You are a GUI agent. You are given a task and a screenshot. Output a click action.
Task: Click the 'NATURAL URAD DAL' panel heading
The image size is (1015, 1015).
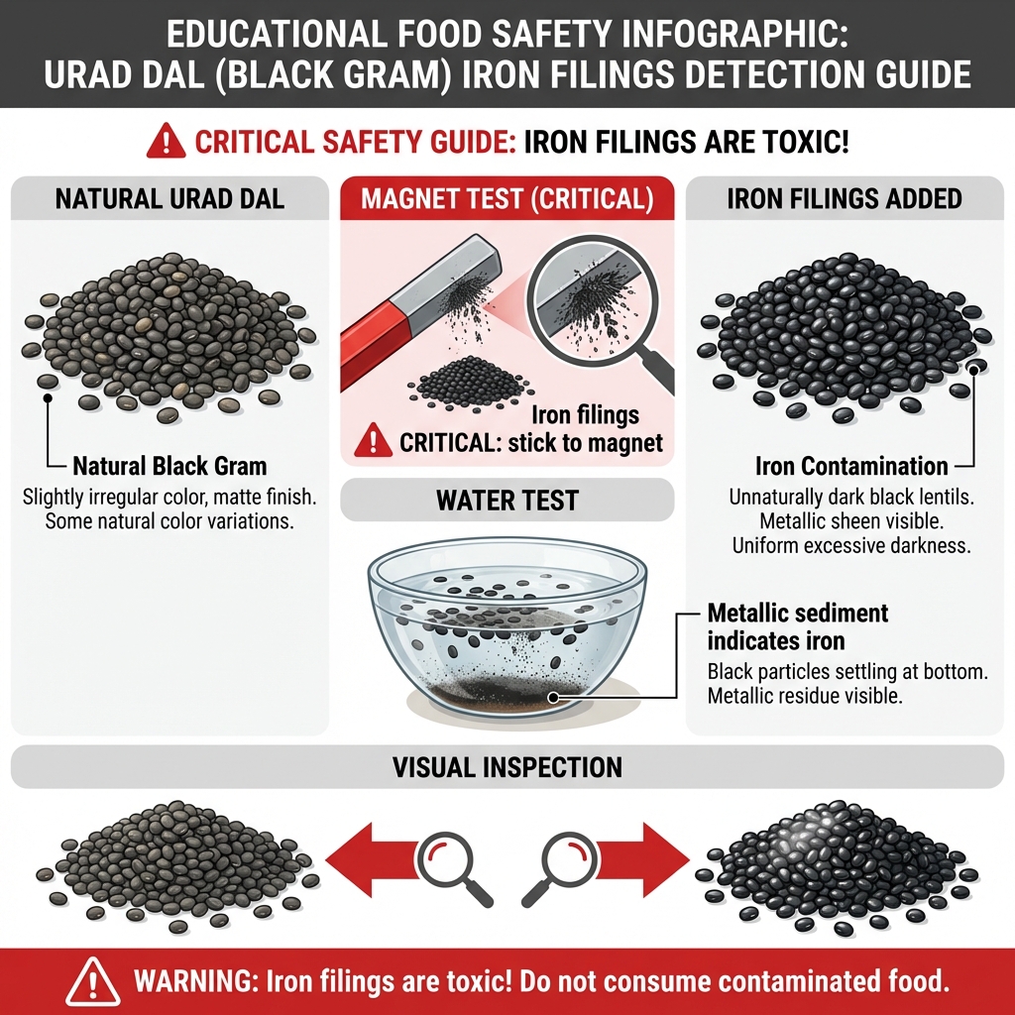pos(169,198)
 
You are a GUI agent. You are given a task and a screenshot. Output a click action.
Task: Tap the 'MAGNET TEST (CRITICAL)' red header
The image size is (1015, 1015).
pos(507,198)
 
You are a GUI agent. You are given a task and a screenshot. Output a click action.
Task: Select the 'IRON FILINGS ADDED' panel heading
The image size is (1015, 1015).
pos(845,198)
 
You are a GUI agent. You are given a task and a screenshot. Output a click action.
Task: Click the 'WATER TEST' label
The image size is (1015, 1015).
pos(507,501)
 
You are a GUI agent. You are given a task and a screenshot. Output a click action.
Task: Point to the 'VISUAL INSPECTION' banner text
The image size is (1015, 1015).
pos(507,766)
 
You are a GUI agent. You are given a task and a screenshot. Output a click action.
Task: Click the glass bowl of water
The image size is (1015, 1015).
pos(507,624)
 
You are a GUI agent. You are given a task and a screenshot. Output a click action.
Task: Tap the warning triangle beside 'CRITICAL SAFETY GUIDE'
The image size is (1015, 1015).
pos(167,142)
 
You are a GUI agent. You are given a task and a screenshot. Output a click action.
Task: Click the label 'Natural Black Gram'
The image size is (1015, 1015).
pos(169,465)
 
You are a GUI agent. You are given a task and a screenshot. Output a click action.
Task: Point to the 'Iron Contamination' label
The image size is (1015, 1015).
pos(850,465)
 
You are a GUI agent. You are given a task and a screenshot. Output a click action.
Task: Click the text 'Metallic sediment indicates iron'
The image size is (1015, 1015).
pos(798,625)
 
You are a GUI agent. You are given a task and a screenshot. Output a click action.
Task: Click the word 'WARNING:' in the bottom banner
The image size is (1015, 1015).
pos(193,982)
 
